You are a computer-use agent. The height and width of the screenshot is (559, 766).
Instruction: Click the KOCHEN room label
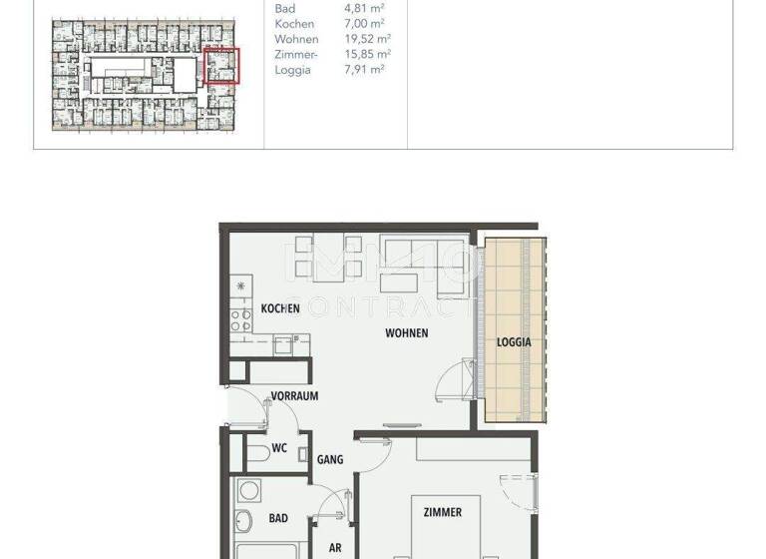pyautogui.click(x=280, y=308)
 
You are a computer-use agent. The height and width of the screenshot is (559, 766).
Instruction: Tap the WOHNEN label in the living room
pyautogui.click(x=407, y=333)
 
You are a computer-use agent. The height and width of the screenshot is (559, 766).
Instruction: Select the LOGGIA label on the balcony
pyautogui.click(x=514, y=341)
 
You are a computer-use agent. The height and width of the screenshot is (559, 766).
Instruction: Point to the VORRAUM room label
pyautogui.click(x=294, y=395)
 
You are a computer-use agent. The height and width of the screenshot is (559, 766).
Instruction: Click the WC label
pyautogui.click(x=279, y=448)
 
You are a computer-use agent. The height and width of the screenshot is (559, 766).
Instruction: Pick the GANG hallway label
pyautogui.click(x=330, y=460)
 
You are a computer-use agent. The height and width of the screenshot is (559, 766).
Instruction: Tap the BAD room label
pyautogui.click(x=278, y=518)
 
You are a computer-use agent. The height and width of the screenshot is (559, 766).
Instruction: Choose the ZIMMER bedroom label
pyautogui.click(x=442, y=512)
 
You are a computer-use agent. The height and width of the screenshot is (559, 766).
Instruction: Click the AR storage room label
pyautogui.click(x=335, y=548)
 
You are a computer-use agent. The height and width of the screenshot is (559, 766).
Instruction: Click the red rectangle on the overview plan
pyautogui.click(x=221, y=65)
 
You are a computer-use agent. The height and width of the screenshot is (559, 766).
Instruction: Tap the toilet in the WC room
pyautogui.click(x=254, y=452)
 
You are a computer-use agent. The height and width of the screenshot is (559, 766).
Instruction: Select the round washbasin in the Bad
pyautogui.click(x=244, y=519)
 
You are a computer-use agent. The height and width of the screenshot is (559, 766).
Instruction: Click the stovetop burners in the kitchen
pyautogui.click(x=240, y=319)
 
